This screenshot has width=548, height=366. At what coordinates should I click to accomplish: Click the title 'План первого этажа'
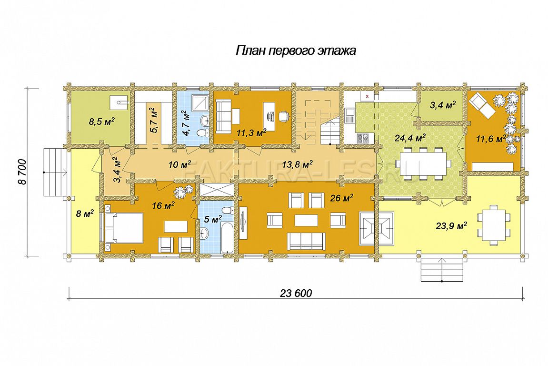(296, 51)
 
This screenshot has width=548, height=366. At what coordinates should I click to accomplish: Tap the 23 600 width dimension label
(296, 293)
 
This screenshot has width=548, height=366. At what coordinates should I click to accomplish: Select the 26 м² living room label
(341, 198)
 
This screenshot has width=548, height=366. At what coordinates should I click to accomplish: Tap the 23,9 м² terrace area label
(451, 226)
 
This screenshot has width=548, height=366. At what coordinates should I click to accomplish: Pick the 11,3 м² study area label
(251, 132)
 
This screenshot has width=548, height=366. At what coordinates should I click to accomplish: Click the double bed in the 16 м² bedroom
(124, 227)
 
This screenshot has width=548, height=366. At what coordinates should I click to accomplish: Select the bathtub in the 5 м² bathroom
(228, 237)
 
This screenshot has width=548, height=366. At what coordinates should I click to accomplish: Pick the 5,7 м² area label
(154, 121)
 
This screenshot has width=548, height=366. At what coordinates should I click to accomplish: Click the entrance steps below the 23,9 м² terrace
(442, 269)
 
